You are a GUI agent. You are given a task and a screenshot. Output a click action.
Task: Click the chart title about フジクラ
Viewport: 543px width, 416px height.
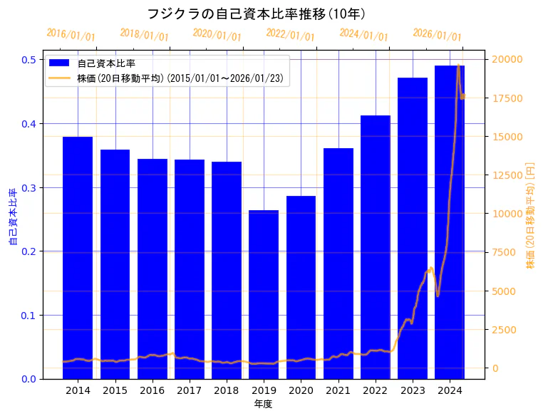coord(256,14)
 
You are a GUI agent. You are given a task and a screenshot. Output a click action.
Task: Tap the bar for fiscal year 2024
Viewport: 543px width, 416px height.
coord(450,222)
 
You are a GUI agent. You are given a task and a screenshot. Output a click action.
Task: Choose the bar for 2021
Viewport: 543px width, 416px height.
coord(338,263)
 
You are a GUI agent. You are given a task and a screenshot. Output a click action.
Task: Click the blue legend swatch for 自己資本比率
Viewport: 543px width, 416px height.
coord(61,63)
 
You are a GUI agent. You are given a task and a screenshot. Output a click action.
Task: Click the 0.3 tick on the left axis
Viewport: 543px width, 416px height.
coord(29,187)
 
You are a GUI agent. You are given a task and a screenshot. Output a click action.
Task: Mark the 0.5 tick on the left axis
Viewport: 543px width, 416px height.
coord(29,60)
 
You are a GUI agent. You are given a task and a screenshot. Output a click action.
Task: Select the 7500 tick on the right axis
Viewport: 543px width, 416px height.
coord(505,252)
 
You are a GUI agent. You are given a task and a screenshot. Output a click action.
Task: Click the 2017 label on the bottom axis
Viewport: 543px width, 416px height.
coord(190,391)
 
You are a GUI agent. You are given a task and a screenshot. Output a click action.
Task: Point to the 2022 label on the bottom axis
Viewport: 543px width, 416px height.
coord(376,391)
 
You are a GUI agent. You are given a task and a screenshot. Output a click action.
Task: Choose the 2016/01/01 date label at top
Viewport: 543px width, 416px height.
coord(71,35)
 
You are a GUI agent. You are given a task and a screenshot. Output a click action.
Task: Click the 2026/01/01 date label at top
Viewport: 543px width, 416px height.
coord(437,35)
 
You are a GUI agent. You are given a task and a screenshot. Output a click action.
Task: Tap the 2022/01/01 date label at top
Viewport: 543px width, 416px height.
coord(290,35)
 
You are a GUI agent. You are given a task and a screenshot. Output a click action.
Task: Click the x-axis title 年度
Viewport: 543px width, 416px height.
coord(264,404)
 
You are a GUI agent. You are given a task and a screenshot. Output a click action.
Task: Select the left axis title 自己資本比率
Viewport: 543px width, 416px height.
coord(12,217)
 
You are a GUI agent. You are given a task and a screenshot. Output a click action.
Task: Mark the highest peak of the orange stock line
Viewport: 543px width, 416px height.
coord(458,66)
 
